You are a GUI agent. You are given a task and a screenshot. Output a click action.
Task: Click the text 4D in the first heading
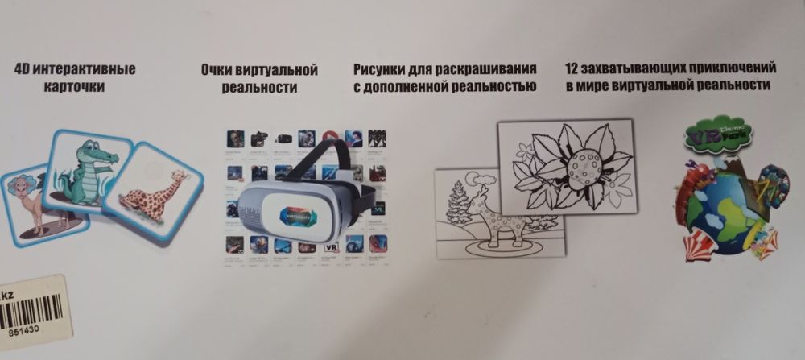(x=22, y=68)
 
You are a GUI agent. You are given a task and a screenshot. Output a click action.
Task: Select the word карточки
(x=72, y=86)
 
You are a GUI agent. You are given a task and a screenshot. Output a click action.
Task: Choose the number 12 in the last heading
(x=573, y=68)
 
